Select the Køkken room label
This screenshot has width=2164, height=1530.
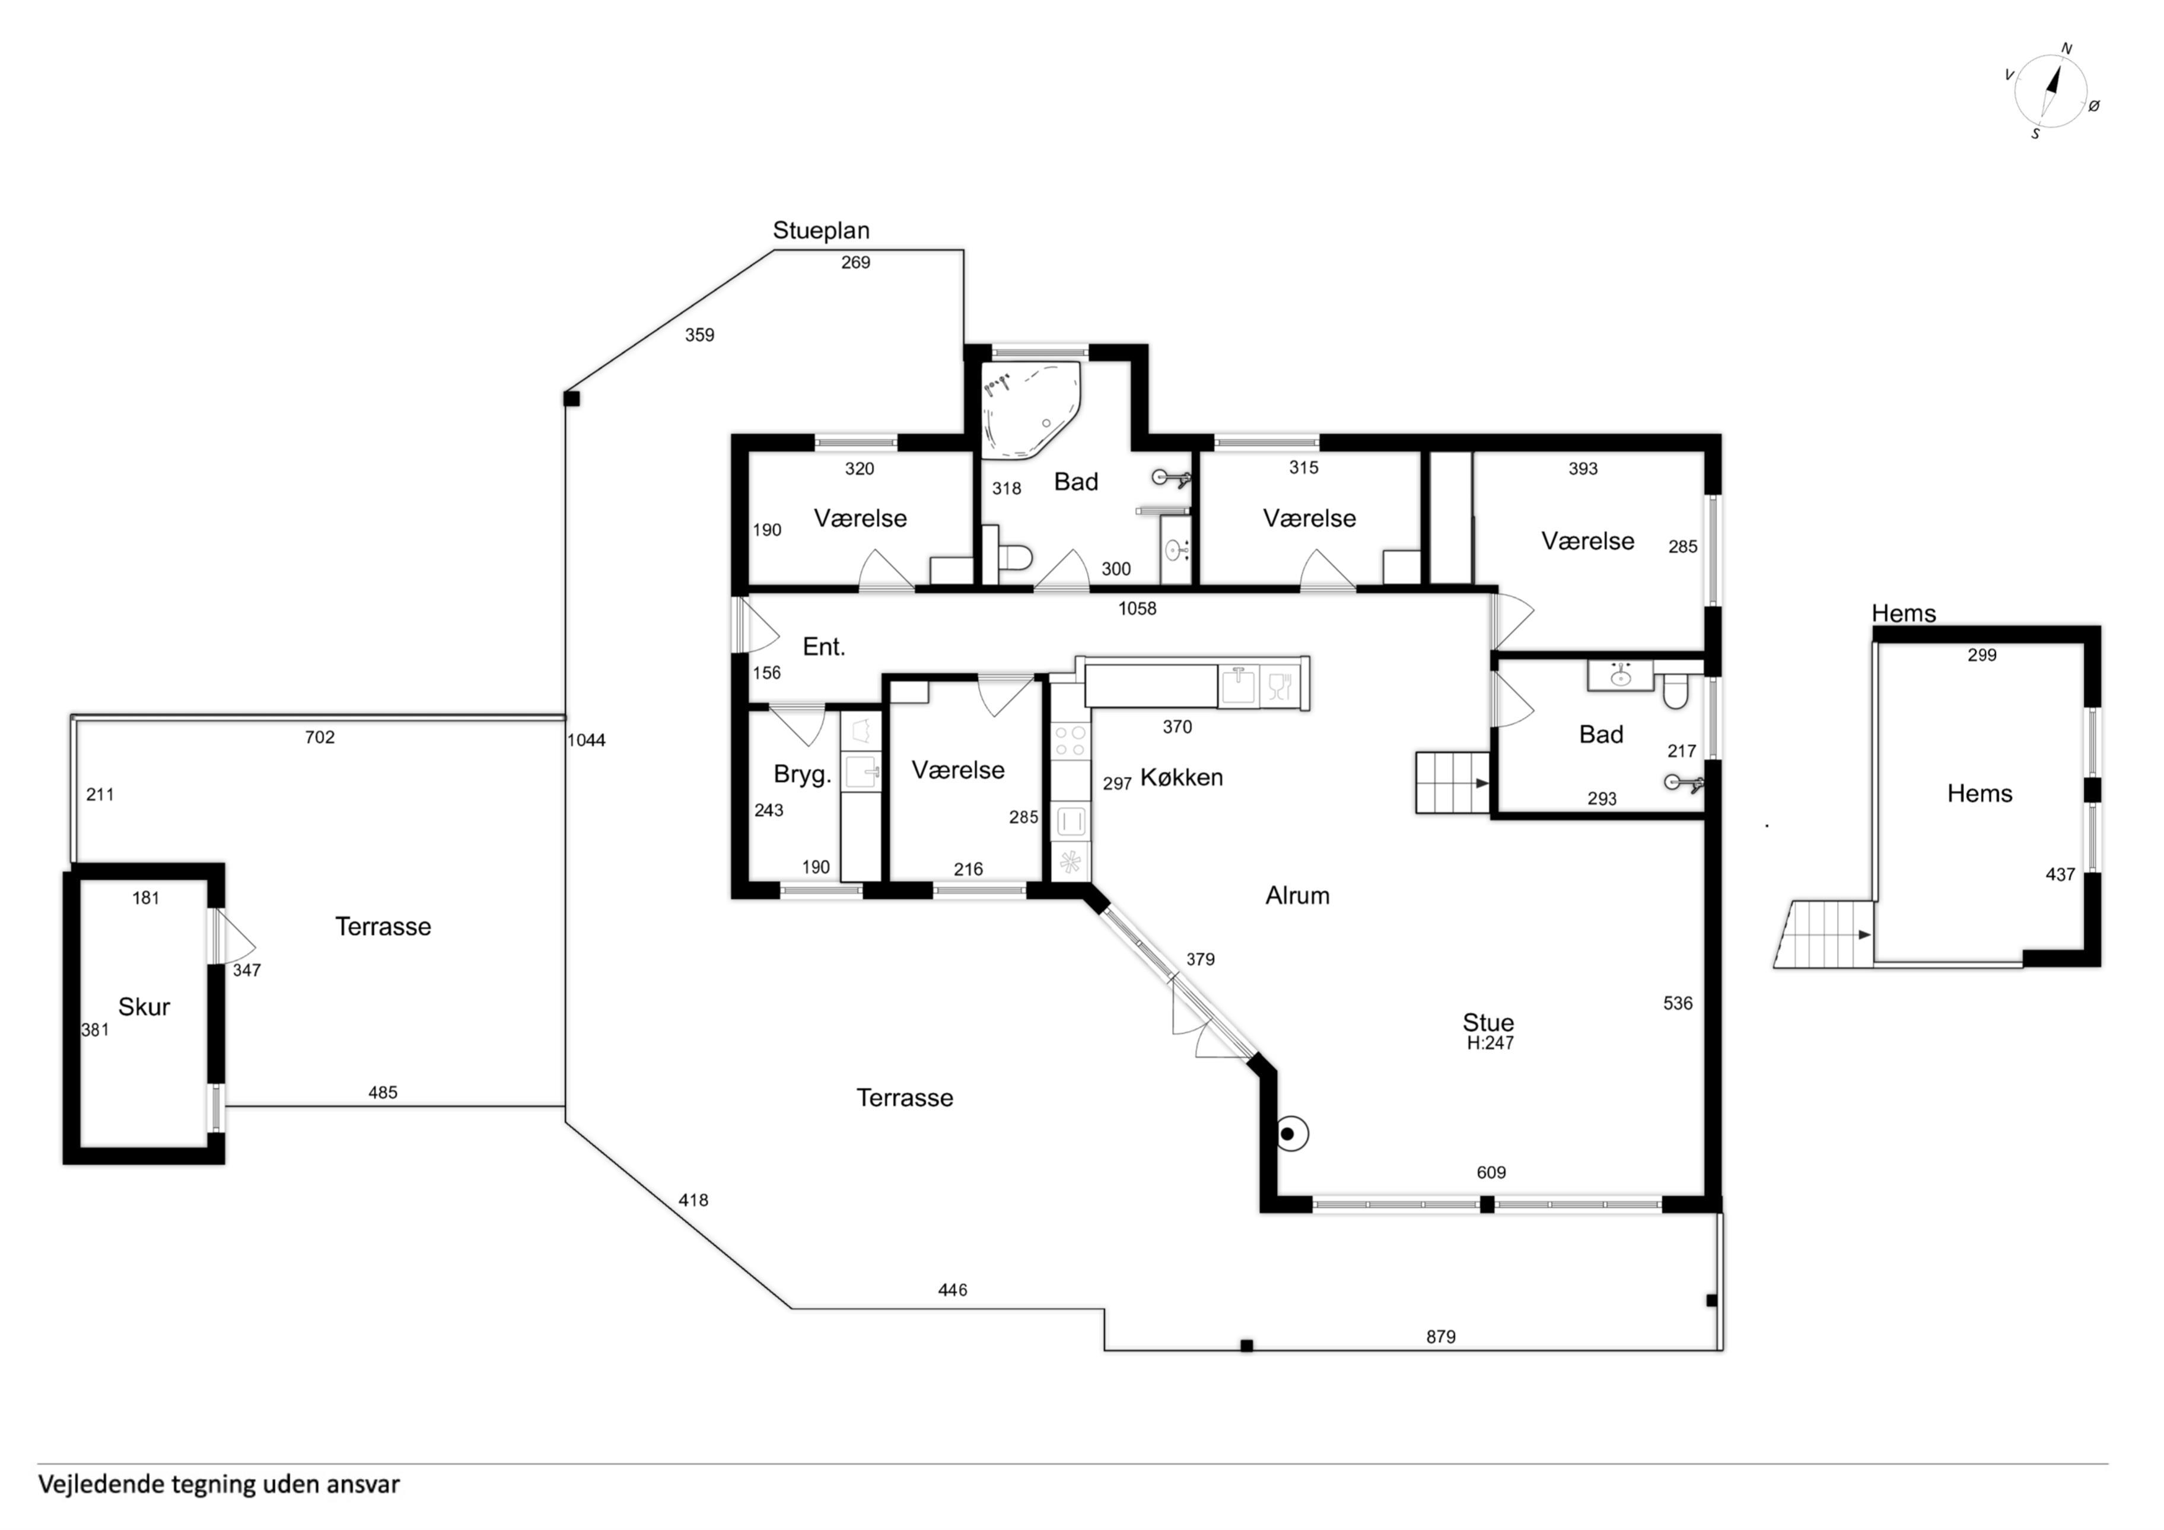pyautogui.click(x=1181, y=778)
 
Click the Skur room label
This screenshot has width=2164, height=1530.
pyautogui.click(x=144, y=1007)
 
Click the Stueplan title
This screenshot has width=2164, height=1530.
pyautogui.click(x=821, y=231)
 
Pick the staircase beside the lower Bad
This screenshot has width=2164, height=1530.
pyautogui.click(x=1452, y=783)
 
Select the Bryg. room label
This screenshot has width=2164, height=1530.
pyautogui.click(x=802, y=775)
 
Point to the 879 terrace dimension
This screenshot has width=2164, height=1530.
pyautogui.click(x=1440, y=1337)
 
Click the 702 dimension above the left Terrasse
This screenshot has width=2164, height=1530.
pyautogui.click(x=320, y=737)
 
